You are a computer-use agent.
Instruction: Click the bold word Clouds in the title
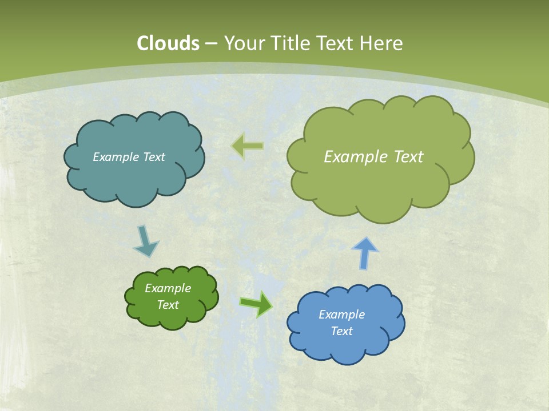168,43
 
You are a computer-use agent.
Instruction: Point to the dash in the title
211,44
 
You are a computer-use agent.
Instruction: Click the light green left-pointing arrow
247,146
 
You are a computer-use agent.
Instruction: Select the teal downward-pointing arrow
145,241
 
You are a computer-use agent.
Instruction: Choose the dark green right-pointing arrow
256,303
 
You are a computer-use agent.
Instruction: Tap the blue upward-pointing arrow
364,253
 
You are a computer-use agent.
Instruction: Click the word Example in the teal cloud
116,157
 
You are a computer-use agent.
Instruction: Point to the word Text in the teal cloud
153,157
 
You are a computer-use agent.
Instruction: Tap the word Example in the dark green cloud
168,288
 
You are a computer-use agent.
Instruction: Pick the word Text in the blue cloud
341,331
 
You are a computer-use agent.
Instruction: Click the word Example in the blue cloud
341,315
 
